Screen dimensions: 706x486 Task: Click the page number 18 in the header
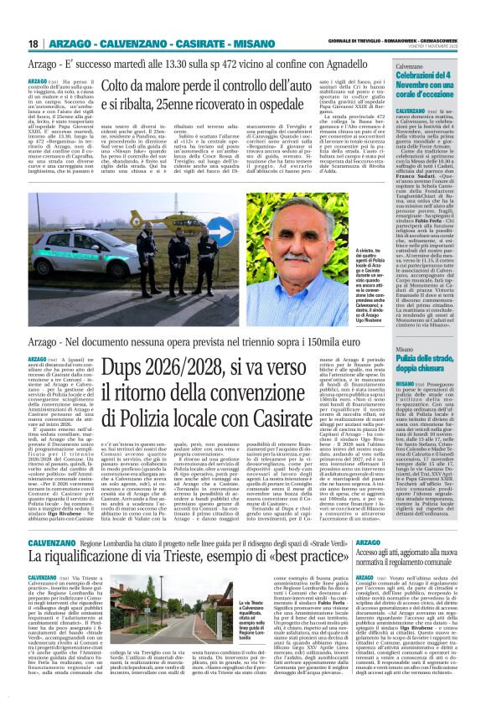click(33, 43)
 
